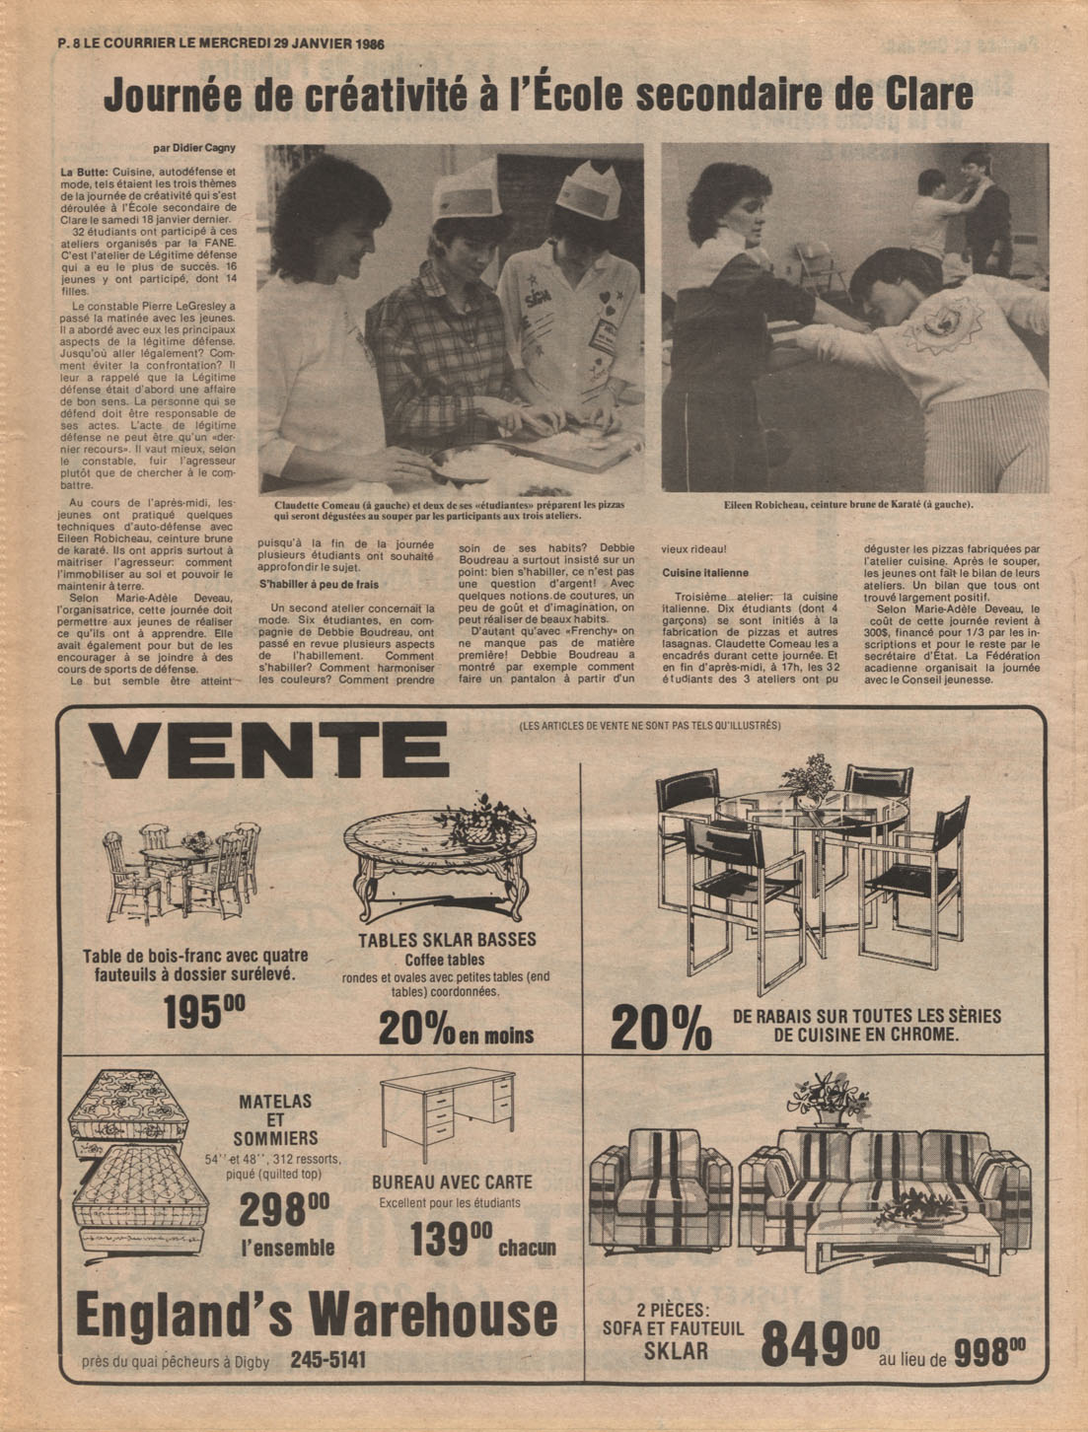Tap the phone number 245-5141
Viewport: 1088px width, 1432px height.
328,1360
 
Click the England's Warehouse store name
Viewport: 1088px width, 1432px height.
316,1314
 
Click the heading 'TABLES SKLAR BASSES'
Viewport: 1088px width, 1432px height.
447,940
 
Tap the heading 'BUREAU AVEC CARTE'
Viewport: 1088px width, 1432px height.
452,1181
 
